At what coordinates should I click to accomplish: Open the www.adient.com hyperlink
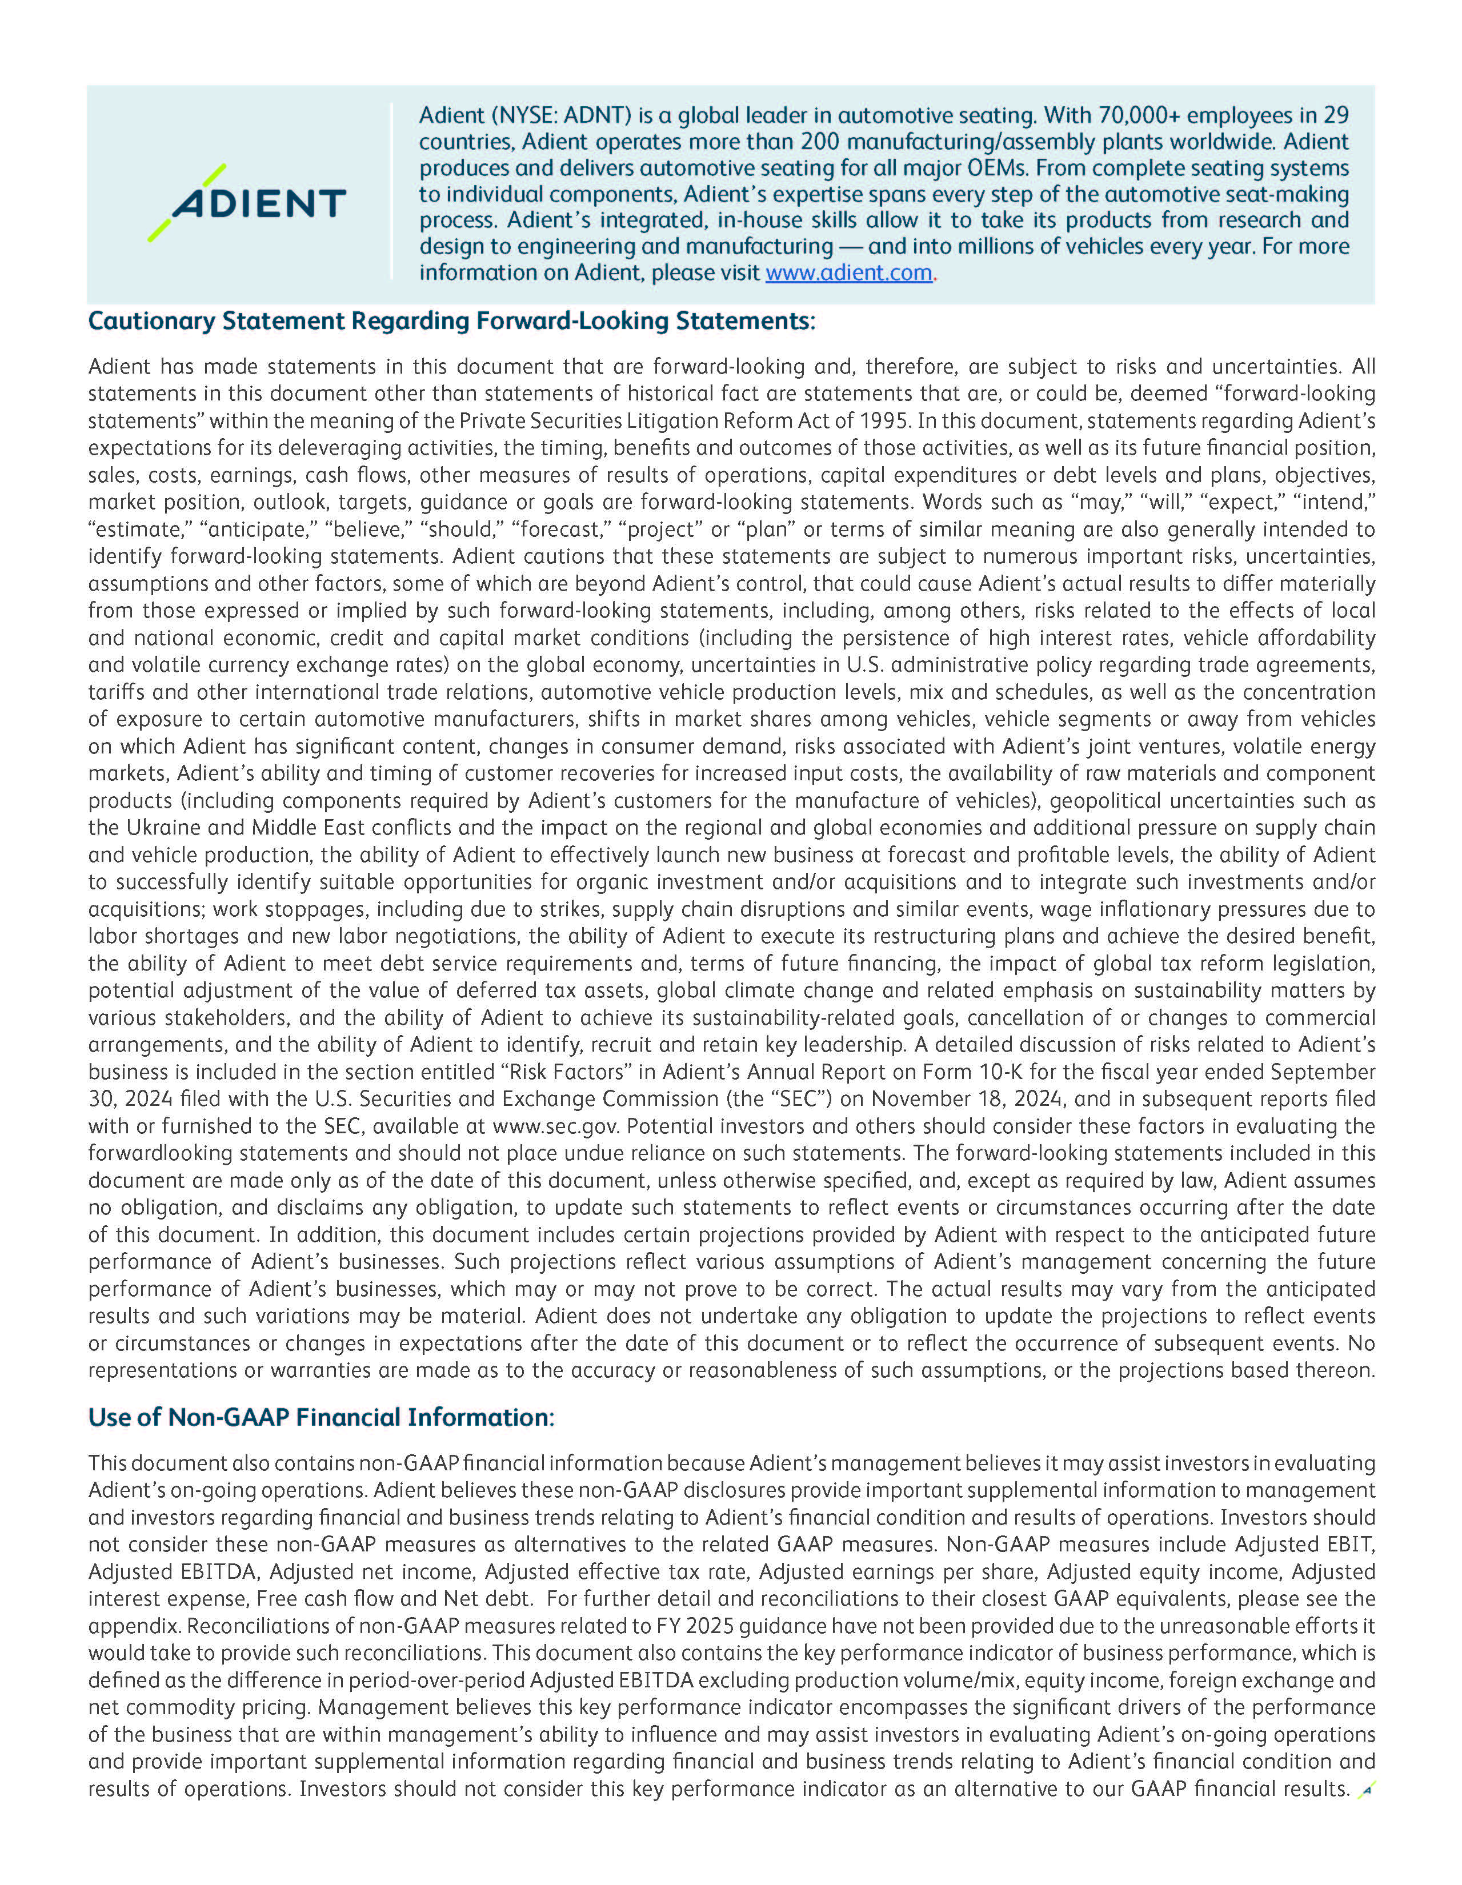848,272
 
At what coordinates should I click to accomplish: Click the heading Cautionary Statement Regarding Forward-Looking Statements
451,321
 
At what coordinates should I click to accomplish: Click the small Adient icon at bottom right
1365,1791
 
